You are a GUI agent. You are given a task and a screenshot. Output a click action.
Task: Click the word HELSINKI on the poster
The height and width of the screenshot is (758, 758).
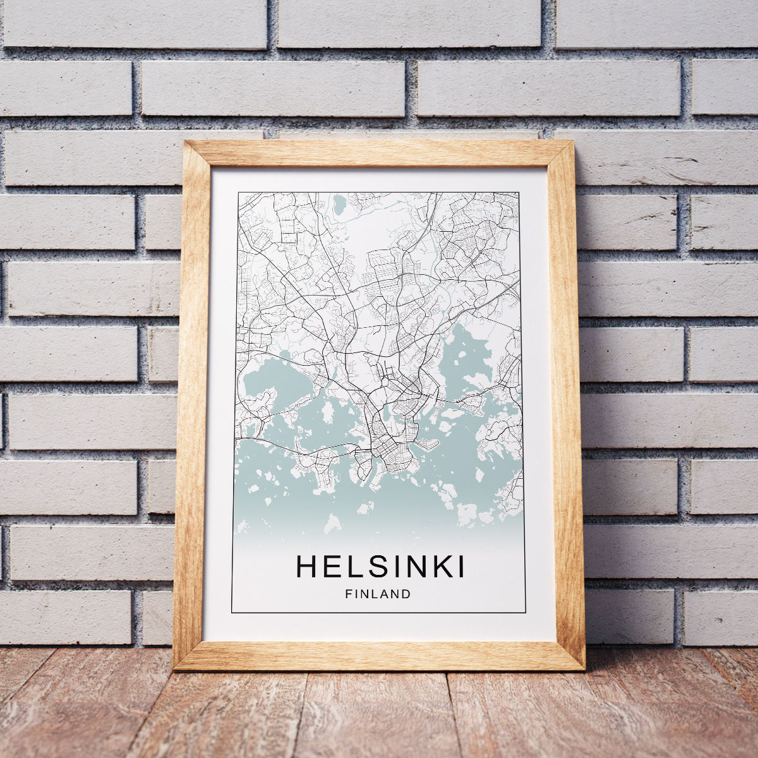click(x=380, y=567)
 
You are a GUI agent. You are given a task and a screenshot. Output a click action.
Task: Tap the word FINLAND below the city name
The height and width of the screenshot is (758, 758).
click(x=378, y=594)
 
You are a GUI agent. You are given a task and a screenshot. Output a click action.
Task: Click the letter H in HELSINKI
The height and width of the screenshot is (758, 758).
click(x=306, y=567)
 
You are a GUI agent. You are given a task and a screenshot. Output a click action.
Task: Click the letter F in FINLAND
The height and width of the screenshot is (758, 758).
click(x=348, y=594)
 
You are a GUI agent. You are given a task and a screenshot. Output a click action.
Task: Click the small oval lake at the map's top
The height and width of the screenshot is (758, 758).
click(x=339, y=204)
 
